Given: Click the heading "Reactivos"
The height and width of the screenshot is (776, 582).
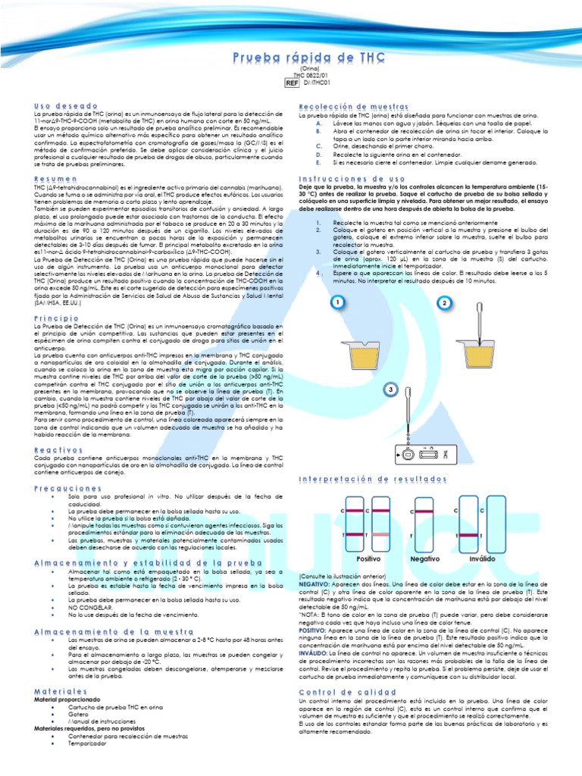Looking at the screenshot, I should [x=59, y=450].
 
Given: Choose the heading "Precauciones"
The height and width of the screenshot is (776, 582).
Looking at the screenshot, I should [x=68, y=489].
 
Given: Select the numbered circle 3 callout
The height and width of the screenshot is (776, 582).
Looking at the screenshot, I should [x=390, y=390].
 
